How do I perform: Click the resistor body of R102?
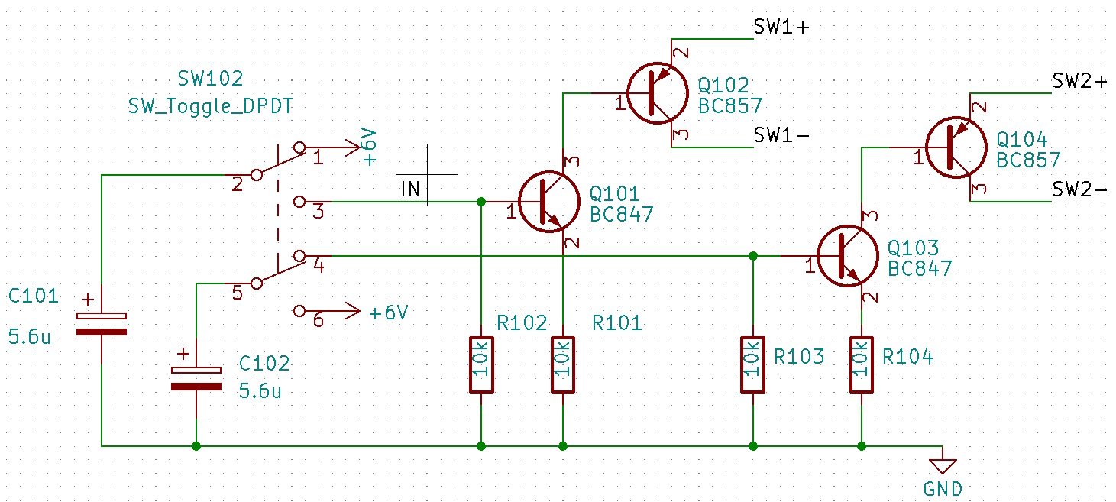[481, 364]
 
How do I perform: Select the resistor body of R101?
[563, 364]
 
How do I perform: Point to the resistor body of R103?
[753, 364]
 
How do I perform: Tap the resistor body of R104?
[862, 364]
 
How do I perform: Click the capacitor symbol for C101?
[101, 323]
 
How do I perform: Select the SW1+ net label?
[781, 28]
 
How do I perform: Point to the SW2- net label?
[1079, 189]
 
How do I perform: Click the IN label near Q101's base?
[411, 189]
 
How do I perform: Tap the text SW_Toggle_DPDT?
[210, 106]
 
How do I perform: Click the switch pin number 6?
[319, 320]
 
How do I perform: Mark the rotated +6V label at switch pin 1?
[369, 147]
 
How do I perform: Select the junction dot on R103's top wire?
[753, 256]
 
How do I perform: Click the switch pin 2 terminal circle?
[257, 175]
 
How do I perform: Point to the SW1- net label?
[781, 135]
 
